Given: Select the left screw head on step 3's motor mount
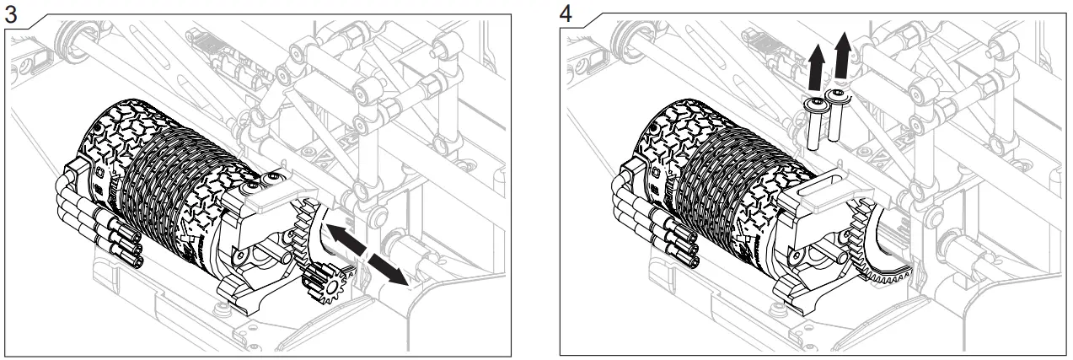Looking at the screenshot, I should pos(254,182).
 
